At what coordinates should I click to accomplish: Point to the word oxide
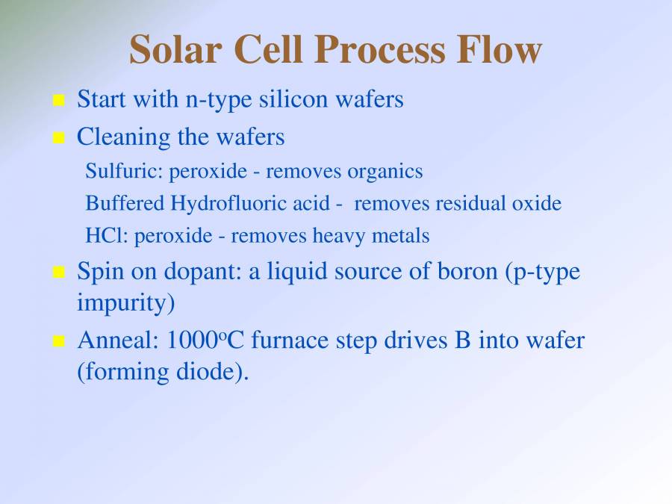tap(536, 204)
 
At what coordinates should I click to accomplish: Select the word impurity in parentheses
tap(124, 304)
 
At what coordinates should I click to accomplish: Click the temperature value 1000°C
tap(206, 340)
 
